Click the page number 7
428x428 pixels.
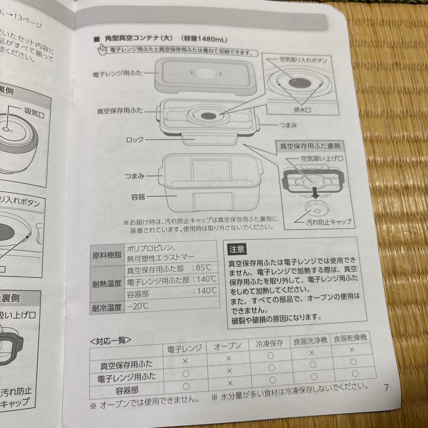pos(386,388)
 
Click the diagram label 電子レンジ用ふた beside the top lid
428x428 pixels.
pos(117,74)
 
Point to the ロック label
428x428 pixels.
pos(134,140)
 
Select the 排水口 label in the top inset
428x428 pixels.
pos(301,109)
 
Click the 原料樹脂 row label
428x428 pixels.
pos(107,255)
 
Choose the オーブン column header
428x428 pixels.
pos(228,346)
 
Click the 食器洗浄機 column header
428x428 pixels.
pos(310,340)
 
